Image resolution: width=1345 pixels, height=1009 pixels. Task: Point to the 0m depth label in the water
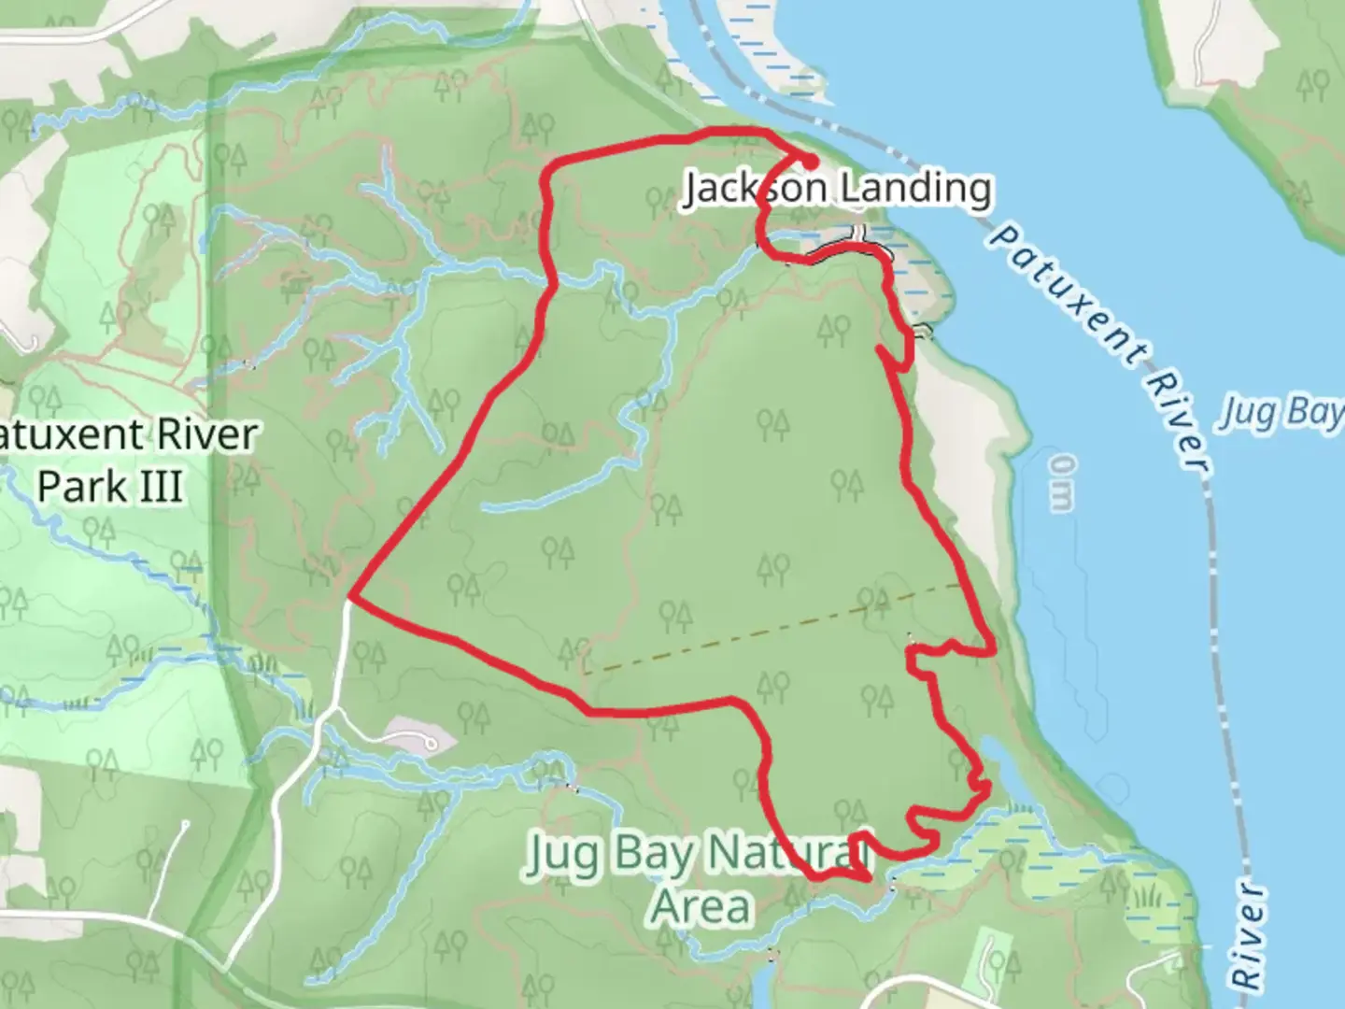(x=1061, y=483)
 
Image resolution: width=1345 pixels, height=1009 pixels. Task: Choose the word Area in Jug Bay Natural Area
(x=701, y=906)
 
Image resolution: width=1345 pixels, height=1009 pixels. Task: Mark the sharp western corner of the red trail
(x=351, y=594)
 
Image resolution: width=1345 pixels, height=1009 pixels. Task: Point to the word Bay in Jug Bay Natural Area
(x=653, y=854)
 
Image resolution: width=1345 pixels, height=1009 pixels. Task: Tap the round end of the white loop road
(x=432, y=744)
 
